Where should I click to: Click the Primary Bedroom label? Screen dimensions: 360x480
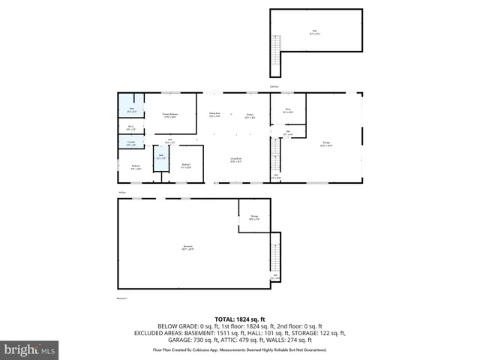point(169,115)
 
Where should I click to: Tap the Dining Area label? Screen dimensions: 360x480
point(214,115)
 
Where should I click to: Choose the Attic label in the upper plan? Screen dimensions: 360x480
point(314,31)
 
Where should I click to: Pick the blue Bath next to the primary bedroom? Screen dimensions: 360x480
point(132,111)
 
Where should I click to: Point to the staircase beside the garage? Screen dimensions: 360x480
point(274,156)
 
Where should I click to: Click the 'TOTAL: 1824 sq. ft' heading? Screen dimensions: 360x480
point(239,318)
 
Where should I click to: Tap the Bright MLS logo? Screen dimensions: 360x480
point(30,349)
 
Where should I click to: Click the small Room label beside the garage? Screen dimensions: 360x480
point(288,111)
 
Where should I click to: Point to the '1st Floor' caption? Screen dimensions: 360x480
point(121,193)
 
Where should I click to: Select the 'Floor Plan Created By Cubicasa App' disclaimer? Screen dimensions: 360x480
point(239,349)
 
